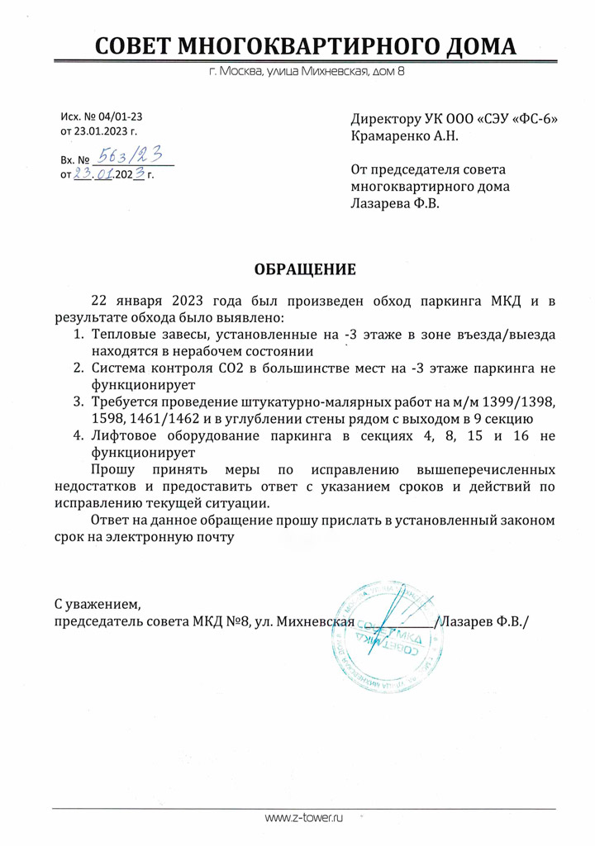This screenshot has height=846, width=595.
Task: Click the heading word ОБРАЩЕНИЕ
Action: point(305,269)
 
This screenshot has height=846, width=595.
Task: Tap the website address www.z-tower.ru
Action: point(303,817)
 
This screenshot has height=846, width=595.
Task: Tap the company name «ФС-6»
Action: point(535,119)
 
